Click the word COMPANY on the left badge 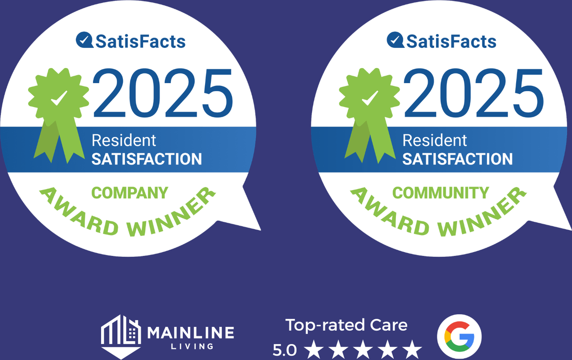(130, 193)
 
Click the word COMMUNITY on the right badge (441, 193)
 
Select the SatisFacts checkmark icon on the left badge (84, 40)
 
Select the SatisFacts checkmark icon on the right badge (395, 40)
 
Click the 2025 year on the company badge (163, 93)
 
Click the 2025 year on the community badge (474, 93)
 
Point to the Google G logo (459, 336)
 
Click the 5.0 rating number (285, 350)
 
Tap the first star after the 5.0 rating (314, 349)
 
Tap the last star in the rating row (412, 349)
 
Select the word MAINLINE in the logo (190, 332)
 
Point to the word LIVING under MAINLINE (192, 347)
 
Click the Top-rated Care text (346, 325)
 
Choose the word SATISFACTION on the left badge (147, 159)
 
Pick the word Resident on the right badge (435, 140)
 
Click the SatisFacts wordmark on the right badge (451, 42)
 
